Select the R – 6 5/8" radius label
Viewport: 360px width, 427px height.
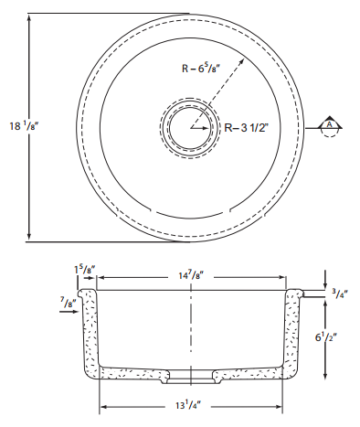pyautogui.click(x=201, y=68)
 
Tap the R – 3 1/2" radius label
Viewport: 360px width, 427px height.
pyautogui.click(x=247, y=127)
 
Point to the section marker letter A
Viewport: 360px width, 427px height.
pyautogui.click(x=329, y=124)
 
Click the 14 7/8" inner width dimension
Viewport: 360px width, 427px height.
pyautogui.click(x=191, y=275)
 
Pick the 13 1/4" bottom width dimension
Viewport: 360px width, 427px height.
pyautogui.click(x=188, y=405)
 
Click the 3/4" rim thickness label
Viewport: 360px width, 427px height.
pyautogui.click(x=339, y=294)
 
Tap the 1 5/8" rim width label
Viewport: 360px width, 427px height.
pyautogui.click(x=85, y=270)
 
